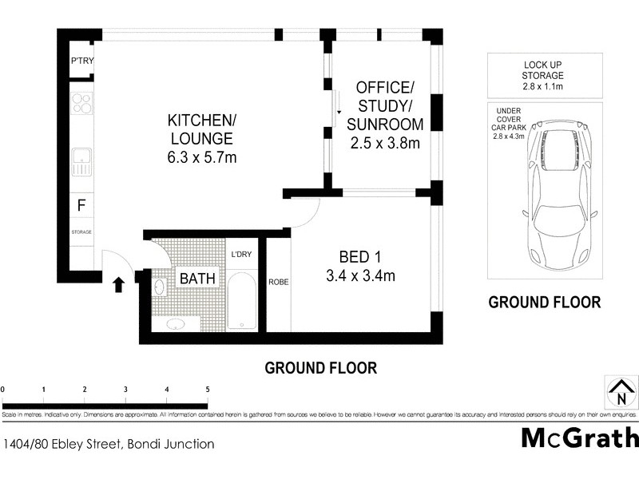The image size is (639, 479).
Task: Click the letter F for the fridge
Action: [81, 205]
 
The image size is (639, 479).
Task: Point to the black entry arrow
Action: [119, 284]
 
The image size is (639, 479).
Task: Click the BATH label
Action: [195, 279]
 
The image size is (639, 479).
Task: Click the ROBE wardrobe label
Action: [278, 282]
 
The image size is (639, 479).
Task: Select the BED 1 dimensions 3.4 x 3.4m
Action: [361, 276]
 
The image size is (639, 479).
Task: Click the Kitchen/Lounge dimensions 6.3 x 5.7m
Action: [201, 157]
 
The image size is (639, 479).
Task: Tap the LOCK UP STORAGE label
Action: [545, 69]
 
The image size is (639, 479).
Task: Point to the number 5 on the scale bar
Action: [208, 389]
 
